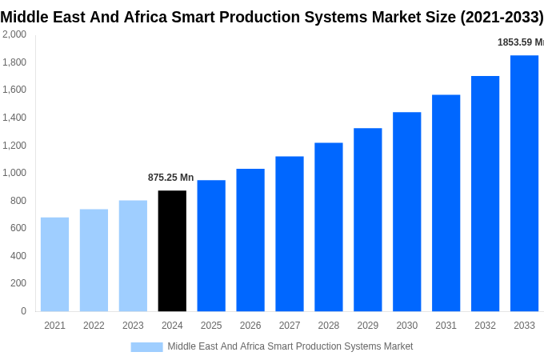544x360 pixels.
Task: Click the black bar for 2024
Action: (172, 250)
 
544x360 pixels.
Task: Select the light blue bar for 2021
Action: (54, 264)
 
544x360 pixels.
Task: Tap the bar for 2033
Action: (524, 183)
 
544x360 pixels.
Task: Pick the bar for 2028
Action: (328, 227)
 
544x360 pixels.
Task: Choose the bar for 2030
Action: (406, 211)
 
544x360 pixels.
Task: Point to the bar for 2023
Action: (133, 255)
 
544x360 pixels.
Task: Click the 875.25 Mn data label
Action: (170, 178)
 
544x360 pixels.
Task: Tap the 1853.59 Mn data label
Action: (520, 42)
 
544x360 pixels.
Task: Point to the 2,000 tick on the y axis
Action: (14, 34)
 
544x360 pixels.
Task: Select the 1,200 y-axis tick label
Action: (14, 146)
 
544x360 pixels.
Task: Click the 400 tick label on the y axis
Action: (18, 256)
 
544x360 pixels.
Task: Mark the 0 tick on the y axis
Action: (23, 311)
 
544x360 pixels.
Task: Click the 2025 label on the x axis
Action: (211, 326)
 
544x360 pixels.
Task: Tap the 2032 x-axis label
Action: (485, 326)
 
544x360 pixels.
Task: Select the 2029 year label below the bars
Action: (367, 326)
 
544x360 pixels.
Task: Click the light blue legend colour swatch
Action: (146, 347)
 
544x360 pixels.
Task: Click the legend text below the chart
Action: (290, 346)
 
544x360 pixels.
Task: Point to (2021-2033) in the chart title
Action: (502, 17)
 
